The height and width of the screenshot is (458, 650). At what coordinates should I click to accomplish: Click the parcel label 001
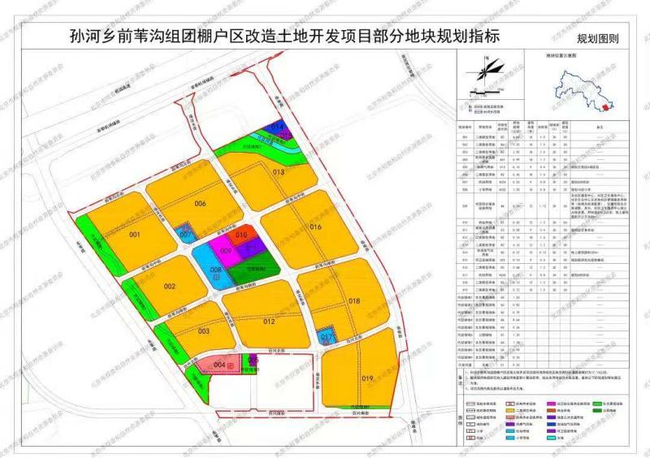(135, 235)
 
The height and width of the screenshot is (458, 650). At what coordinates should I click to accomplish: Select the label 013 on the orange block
(279, 172)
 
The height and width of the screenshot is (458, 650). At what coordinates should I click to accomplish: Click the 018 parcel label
(354, 301)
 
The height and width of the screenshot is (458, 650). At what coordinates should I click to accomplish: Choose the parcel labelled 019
(367, 378)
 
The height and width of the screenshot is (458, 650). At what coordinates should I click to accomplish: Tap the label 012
(270, 322)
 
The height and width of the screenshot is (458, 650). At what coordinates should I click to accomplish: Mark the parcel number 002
(169, 287)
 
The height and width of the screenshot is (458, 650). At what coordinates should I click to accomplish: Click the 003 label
(203, 331)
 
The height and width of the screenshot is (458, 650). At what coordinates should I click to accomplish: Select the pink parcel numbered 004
(219, 365)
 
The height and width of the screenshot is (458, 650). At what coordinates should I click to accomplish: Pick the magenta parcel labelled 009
(226, 251)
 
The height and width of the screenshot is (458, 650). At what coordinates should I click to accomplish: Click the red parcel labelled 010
(241, 235)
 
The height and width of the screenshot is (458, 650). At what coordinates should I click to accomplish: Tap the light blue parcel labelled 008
(215, 270)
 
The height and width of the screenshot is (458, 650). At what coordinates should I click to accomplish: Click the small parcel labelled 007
(185, 234)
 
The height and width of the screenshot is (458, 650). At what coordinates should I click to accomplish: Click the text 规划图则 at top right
(597, 38)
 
